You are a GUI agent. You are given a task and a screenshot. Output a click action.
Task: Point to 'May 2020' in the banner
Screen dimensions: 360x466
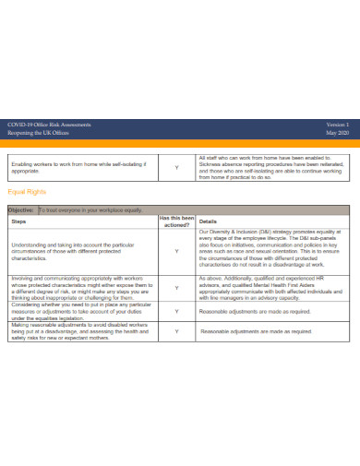[339, 131]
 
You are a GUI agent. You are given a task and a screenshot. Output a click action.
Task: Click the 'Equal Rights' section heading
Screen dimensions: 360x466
[26, 192]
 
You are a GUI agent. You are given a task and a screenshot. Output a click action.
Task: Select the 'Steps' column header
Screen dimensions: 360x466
[18, 221]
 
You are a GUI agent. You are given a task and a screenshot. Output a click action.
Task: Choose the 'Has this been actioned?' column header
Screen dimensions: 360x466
[176, 221]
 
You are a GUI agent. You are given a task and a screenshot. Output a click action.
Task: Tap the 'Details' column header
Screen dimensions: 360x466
[208, 221]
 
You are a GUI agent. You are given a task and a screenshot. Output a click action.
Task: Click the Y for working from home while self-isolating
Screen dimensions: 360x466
[176, 167]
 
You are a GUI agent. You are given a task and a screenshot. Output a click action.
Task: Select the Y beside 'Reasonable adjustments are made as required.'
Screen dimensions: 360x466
[176, 313]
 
